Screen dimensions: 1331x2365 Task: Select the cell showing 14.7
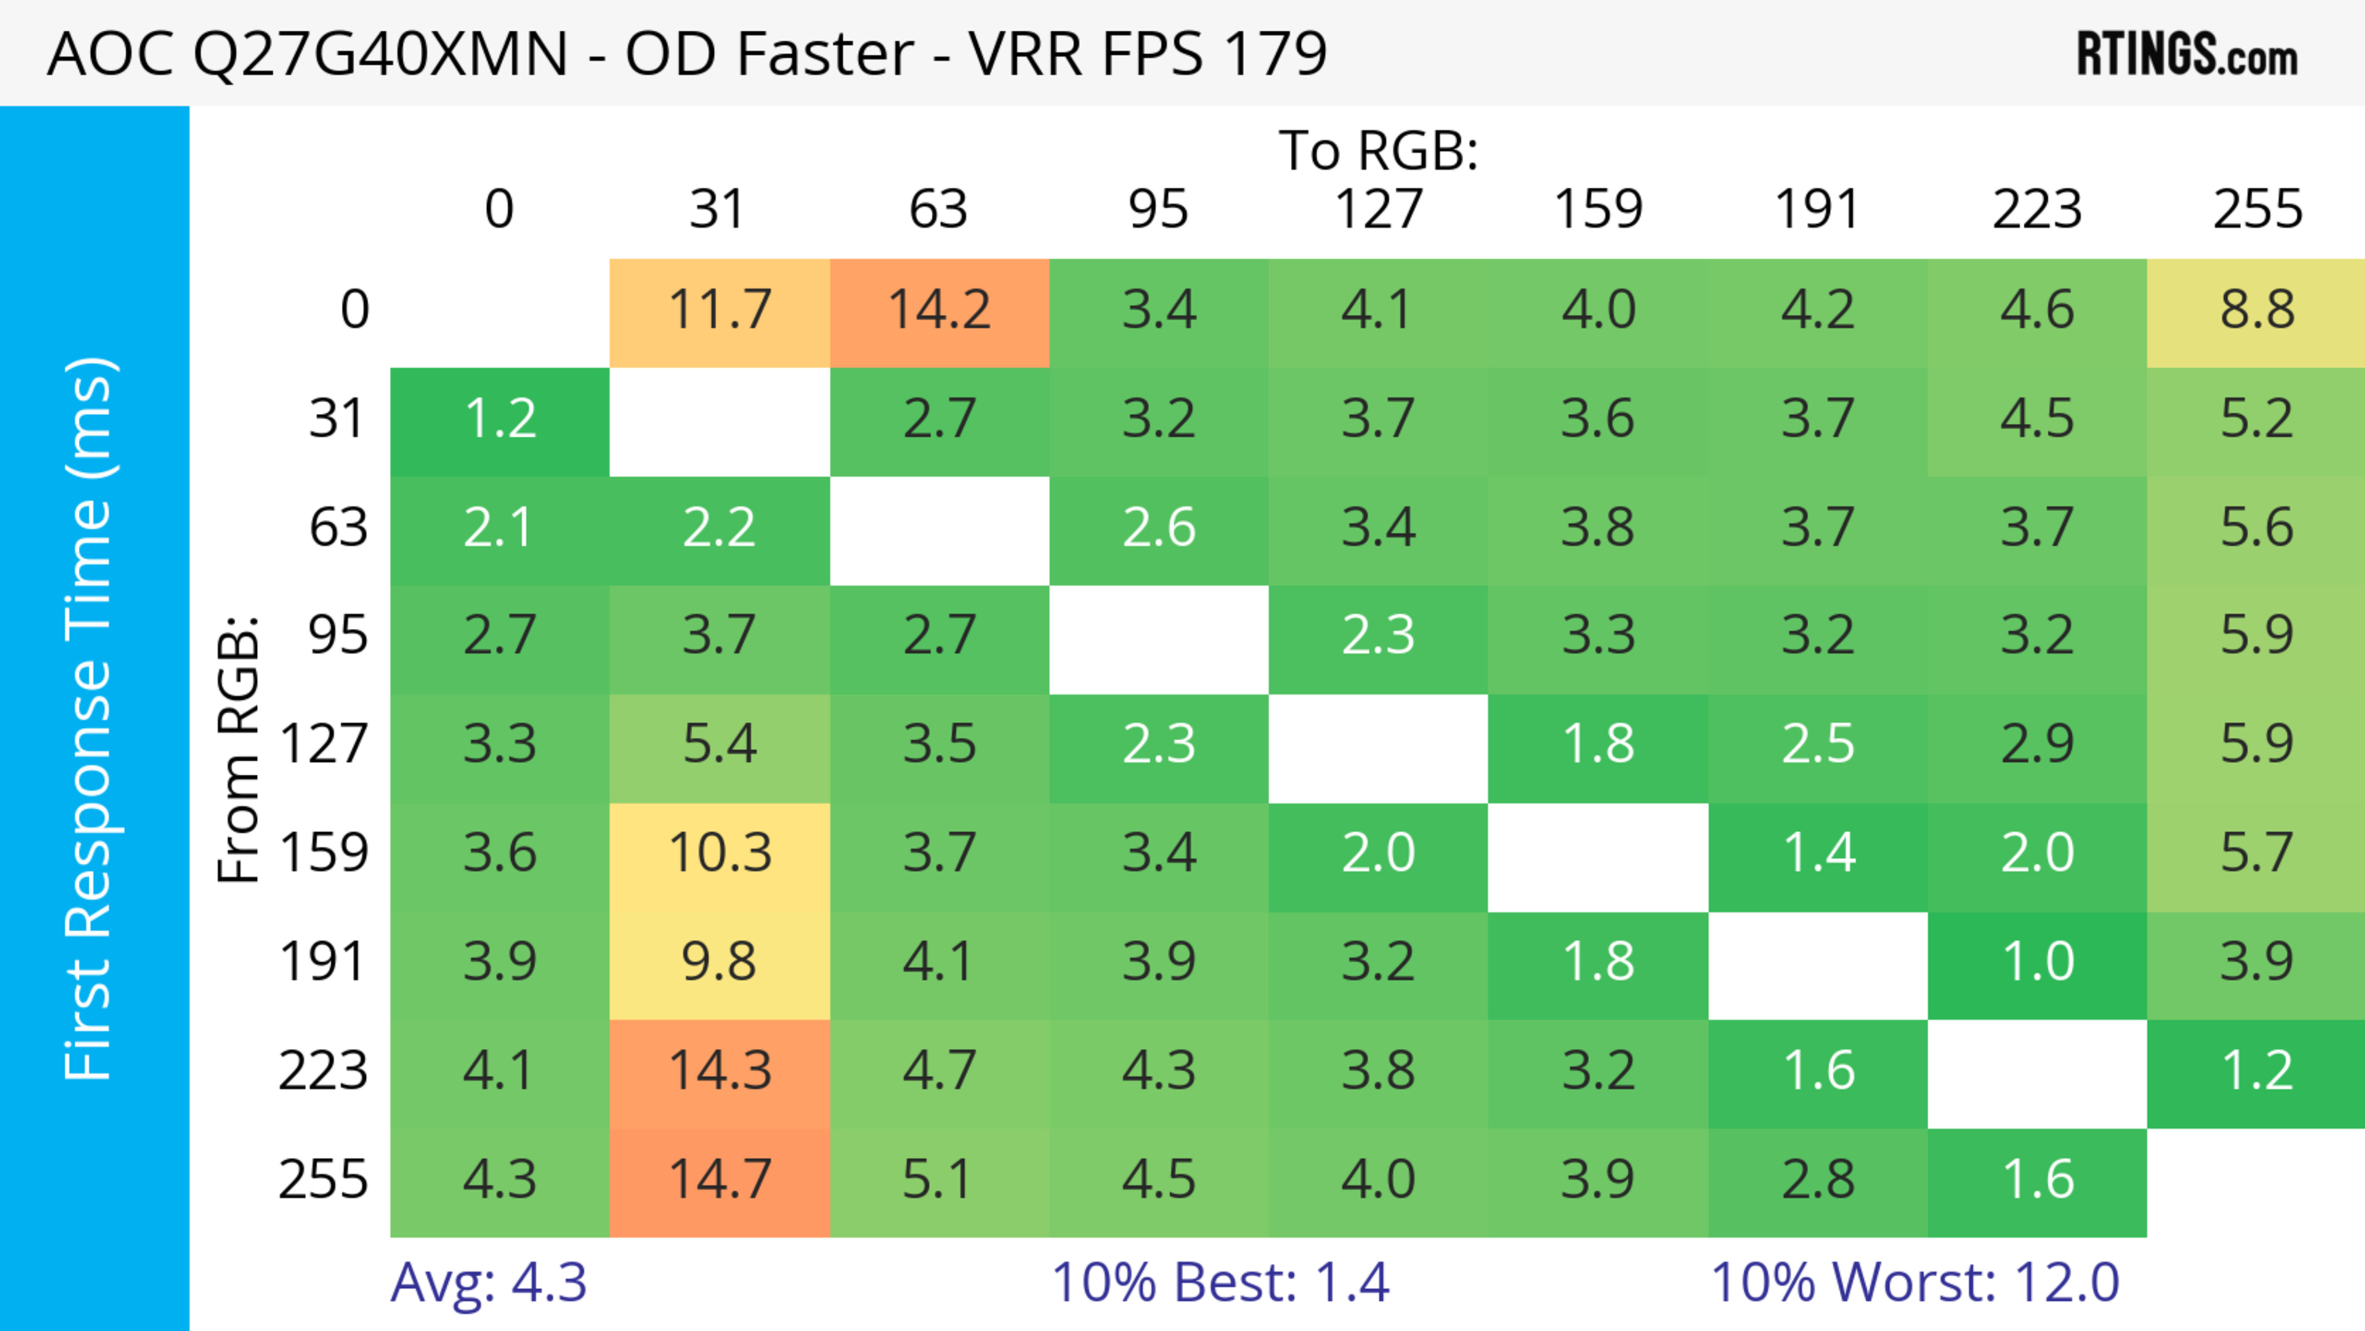pos(720,1179)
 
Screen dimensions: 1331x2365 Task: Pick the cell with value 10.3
pos(720,853)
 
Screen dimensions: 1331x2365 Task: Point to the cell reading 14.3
pos(720,1071)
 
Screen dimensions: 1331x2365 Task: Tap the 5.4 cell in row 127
pos(720,743)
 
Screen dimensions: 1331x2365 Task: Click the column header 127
pos(1378,209)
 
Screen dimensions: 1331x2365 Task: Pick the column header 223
pos(2037,209)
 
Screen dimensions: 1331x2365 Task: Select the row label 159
pos(324,853)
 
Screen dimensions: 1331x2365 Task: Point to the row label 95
pos(338,635)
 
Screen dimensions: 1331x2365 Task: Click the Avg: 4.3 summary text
pos(488,1282)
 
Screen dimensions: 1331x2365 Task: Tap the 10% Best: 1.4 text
pos(1220,1282)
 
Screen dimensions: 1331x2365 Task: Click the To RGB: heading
pos(1378,150)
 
